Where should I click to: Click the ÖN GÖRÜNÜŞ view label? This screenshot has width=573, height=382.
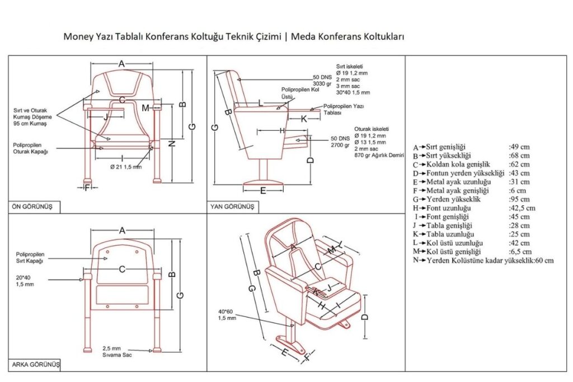tap(32, 206)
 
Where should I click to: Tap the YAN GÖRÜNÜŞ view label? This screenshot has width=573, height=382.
tap(232, 206)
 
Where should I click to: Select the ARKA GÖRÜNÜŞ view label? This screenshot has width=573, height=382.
tap(35, 365)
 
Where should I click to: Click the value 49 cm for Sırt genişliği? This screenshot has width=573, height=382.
tap(519, 147)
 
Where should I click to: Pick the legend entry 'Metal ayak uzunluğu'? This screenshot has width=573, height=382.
tap(458, 182)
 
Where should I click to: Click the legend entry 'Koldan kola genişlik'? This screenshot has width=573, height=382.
tap(458, 164)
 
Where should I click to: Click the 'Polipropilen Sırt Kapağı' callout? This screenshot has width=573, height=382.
tap(30, 257)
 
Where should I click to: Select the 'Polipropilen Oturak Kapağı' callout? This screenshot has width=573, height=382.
tap(31, 148)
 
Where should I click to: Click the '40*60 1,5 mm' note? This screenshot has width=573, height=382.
tap(227, 315)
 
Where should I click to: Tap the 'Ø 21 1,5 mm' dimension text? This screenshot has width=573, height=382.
tap(125, 167)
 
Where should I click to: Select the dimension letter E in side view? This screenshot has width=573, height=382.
tap(263, 190)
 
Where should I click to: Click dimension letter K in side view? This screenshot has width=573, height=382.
tap(304, 119)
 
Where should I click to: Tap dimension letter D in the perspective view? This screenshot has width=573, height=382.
tap(365, 317)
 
